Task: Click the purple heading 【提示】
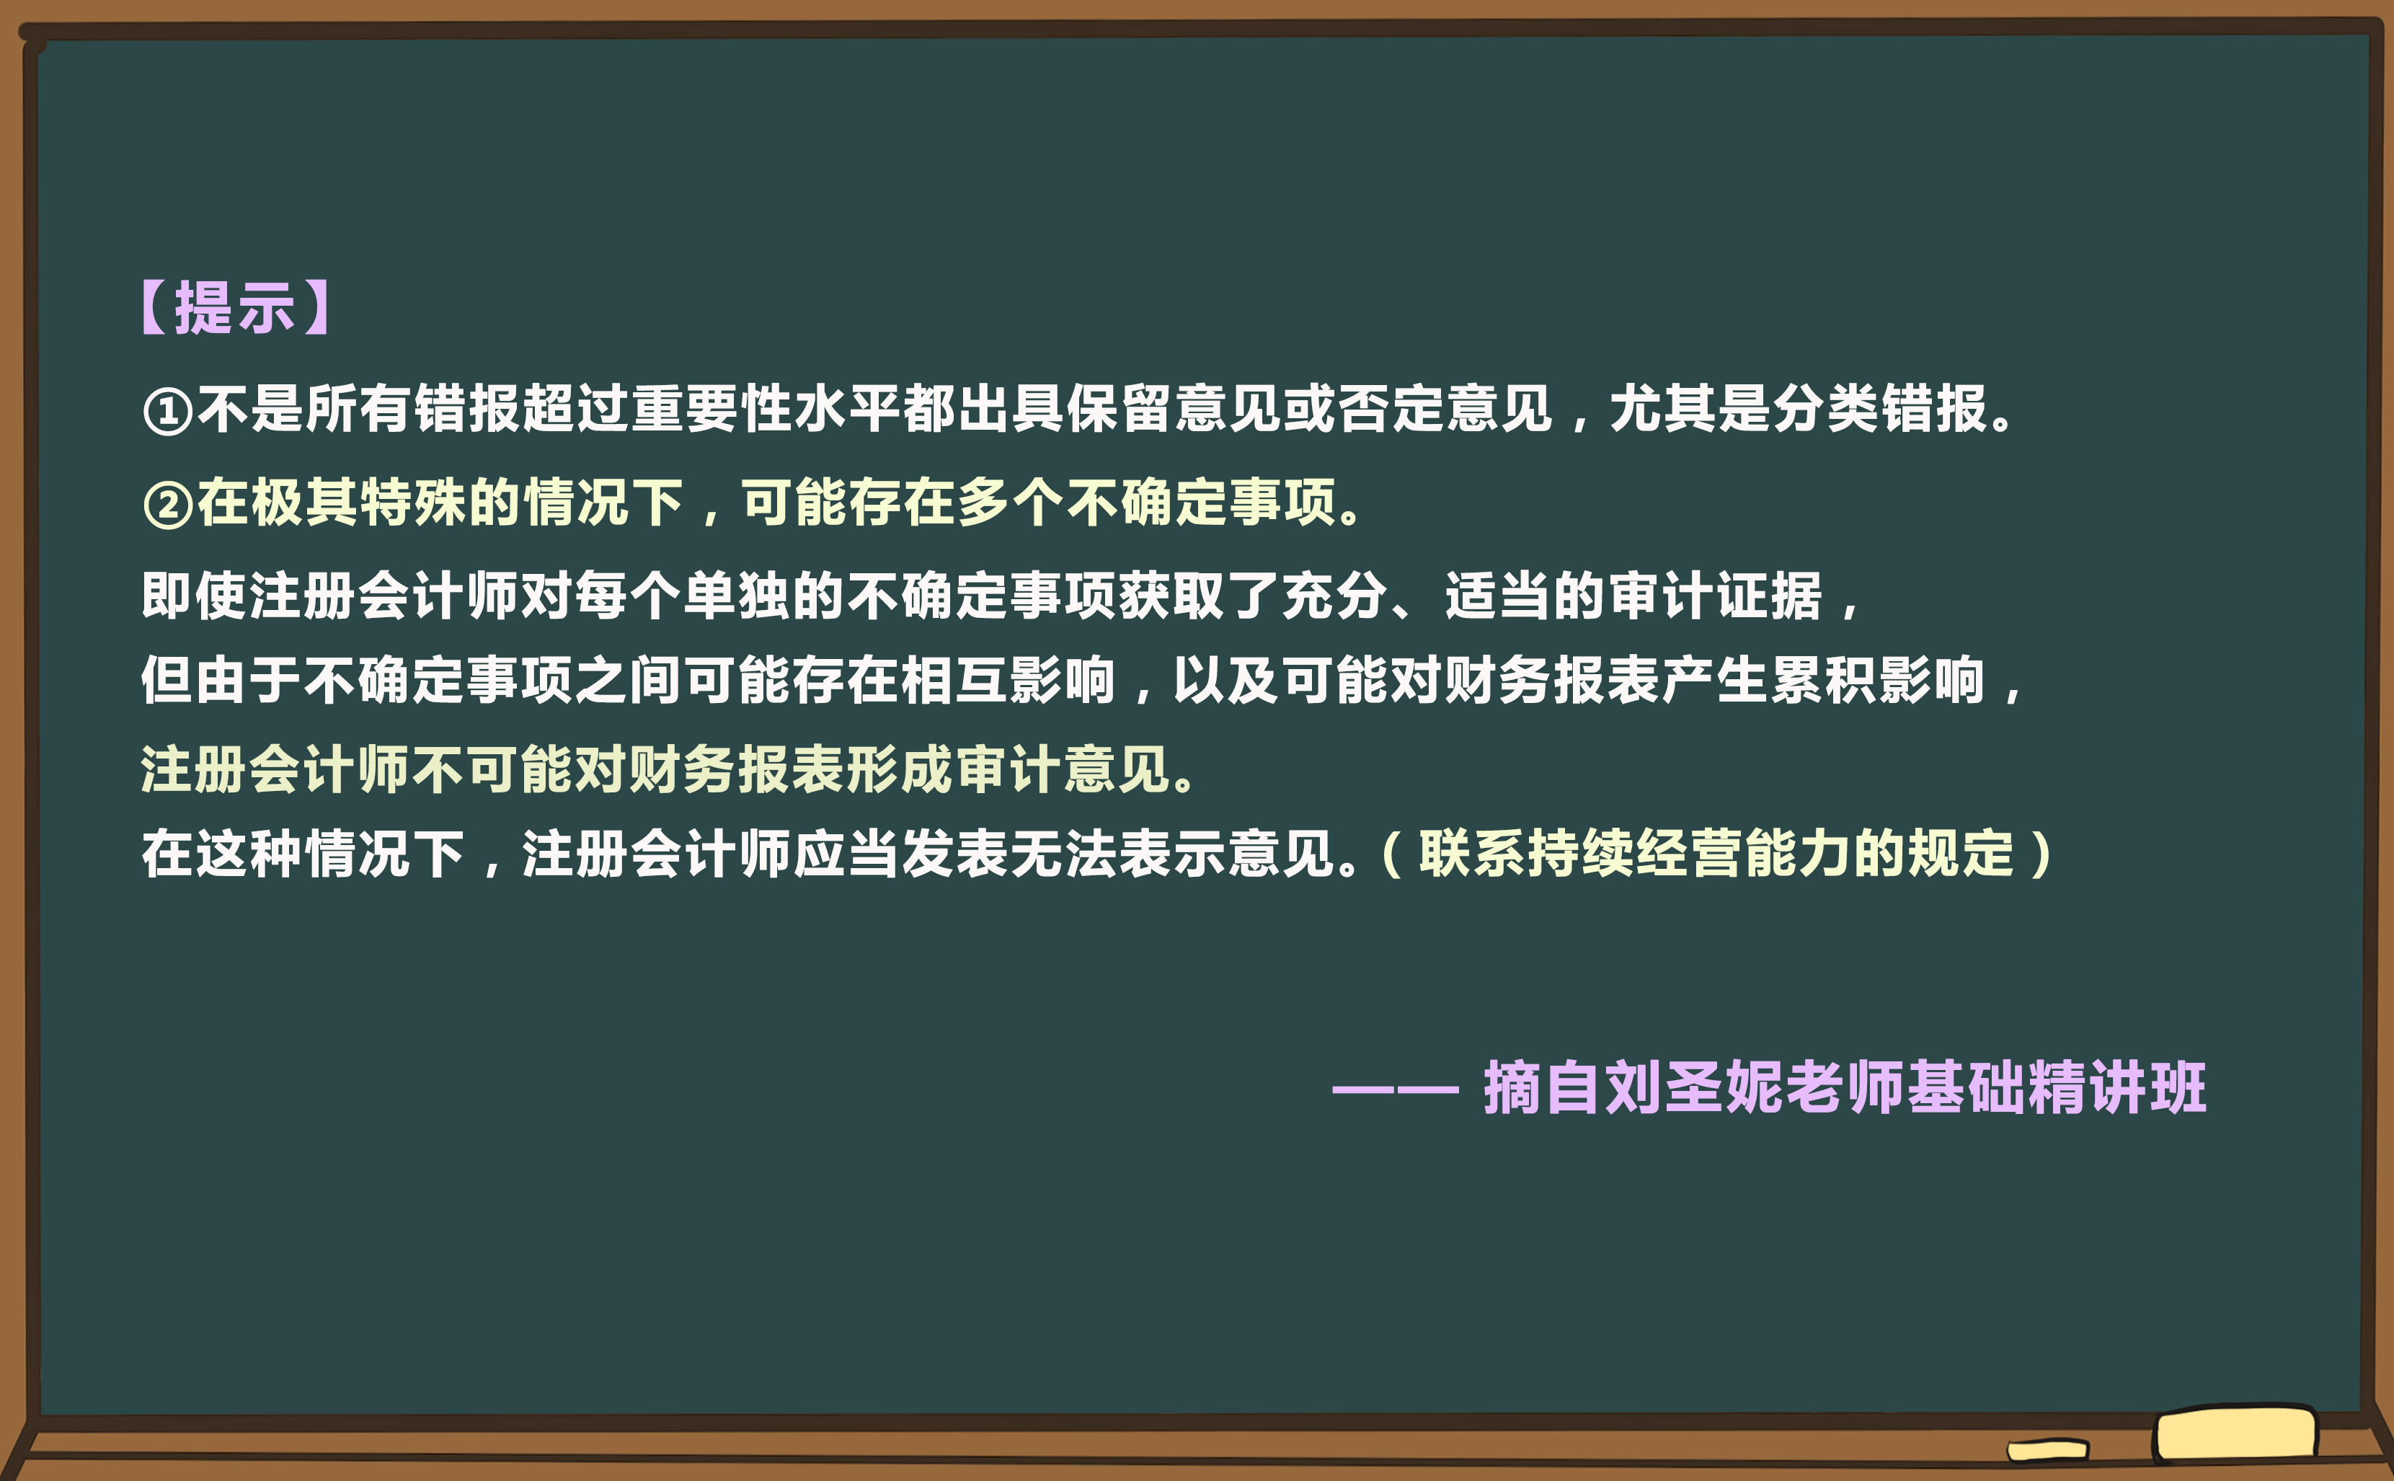tap(235, 308)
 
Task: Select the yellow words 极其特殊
tap(358, 503)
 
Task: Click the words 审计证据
tap(1716, 595)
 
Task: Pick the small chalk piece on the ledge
tap(2047, 1450)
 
